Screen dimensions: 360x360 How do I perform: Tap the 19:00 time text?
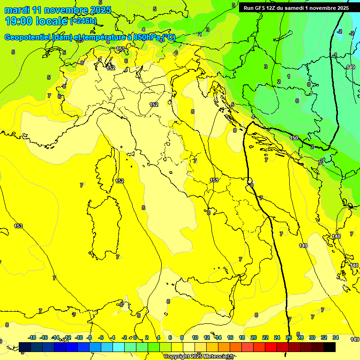[19, 21]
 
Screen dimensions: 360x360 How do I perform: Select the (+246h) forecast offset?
[83, 21]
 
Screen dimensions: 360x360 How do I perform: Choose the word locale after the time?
[52, 21]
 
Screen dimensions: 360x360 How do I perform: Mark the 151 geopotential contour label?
[214, 180]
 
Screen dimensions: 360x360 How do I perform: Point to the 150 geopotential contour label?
[294, 138]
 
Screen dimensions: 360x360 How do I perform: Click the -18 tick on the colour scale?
[32, 337]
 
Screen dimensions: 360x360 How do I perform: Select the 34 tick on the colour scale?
[336, 337]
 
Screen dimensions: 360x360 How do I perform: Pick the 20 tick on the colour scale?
[254, 337]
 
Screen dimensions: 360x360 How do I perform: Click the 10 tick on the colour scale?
[195, 337]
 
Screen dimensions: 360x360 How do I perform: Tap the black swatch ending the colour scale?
[330, 347]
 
